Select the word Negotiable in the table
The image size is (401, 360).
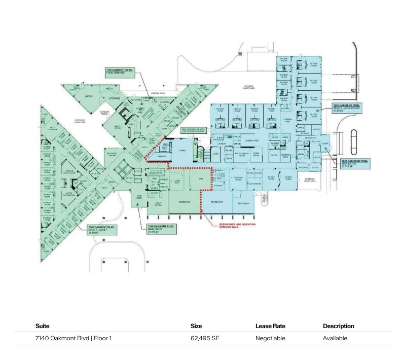[270, 338]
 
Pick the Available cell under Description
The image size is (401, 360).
[335, 338]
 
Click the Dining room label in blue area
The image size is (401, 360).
[182, 151]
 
